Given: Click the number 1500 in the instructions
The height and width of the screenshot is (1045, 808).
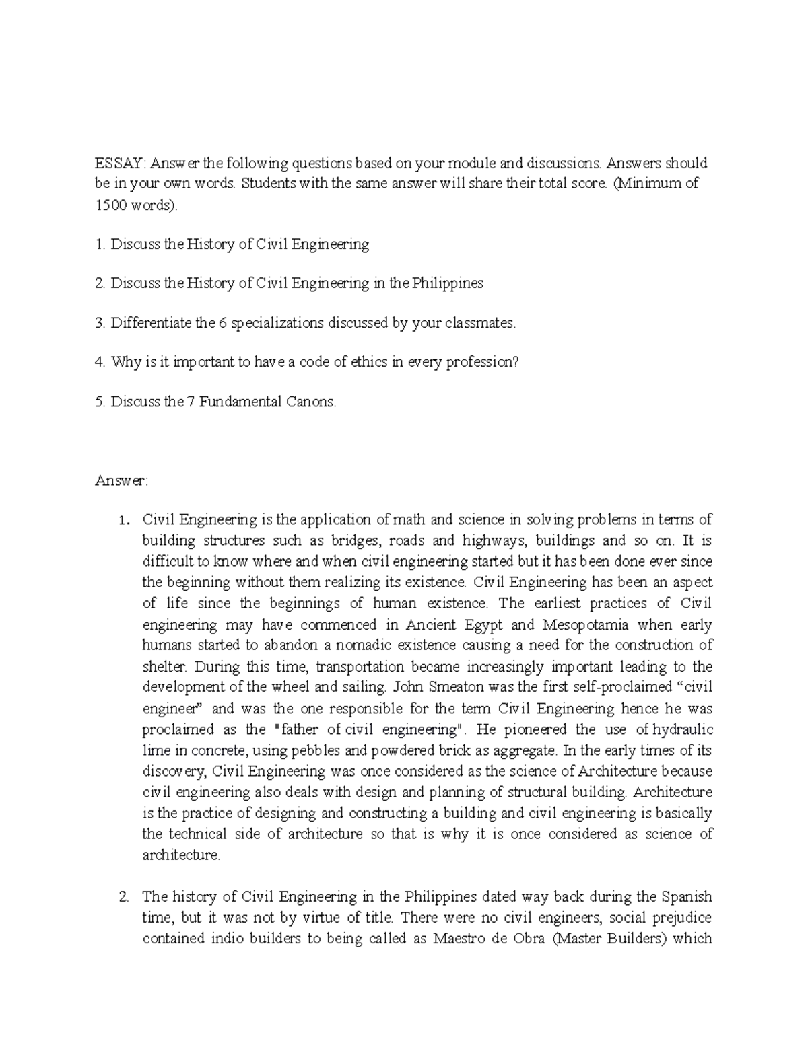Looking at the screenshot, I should tap(110, 205).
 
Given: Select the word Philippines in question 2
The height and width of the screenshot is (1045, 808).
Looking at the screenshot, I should tap(446, 283).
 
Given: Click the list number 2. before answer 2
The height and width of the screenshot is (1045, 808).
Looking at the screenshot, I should tap(123, 897).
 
